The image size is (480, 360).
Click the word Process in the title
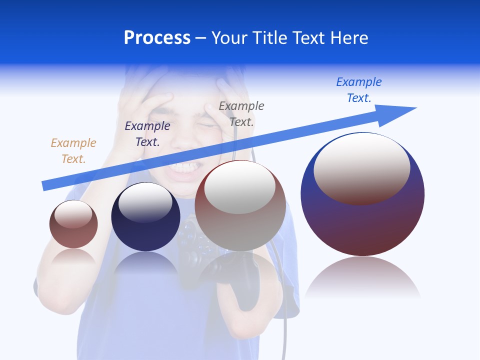157,38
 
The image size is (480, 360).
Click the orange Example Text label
73,150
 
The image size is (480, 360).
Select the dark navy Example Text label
147,133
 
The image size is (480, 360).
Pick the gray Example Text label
241,113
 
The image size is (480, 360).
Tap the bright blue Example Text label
359,89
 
